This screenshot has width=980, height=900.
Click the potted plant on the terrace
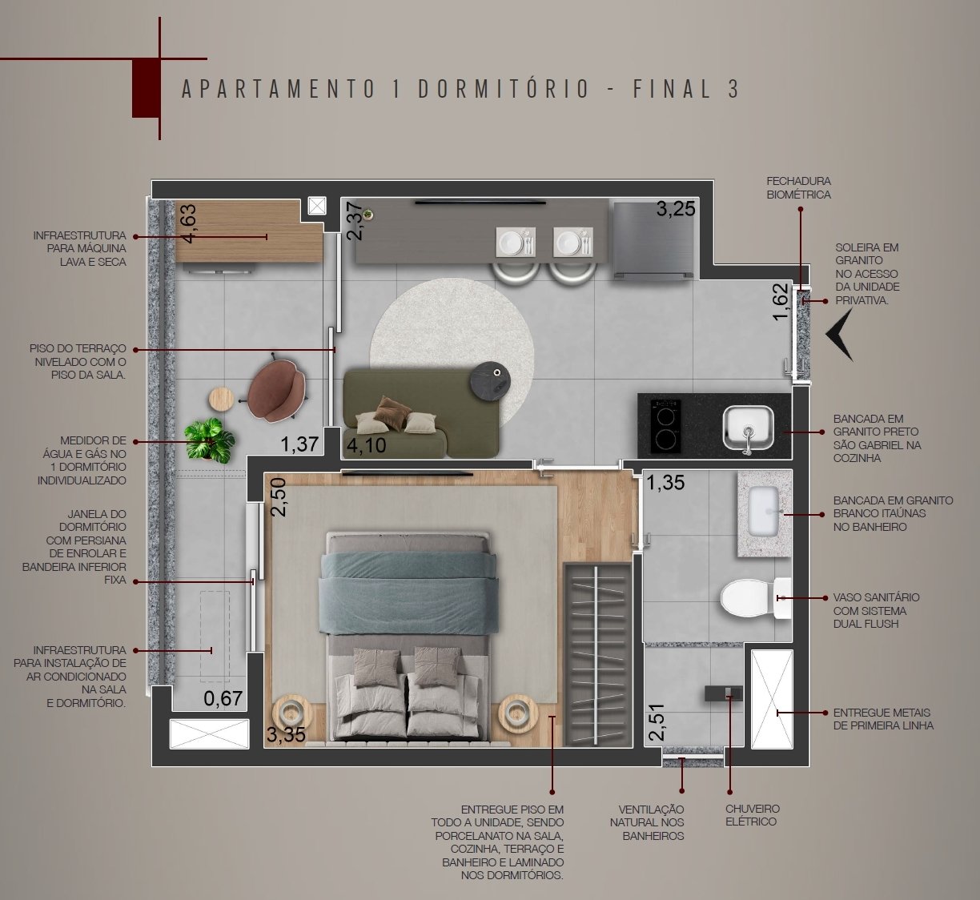210,440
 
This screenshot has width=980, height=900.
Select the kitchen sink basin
748,428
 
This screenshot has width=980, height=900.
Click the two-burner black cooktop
665,426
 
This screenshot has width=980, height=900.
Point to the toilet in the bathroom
755,599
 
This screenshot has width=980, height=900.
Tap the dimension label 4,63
189,223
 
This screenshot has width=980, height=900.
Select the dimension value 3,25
676,209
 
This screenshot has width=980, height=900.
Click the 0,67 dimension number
223,698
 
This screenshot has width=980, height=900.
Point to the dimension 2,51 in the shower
657,721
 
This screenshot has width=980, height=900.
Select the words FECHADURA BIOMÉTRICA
798,188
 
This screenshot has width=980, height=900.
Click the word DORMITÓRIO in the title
504,90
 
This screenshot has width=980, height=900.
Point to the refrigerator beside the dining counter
653,240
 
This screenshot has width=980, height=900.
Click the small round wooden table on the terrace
222,400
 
